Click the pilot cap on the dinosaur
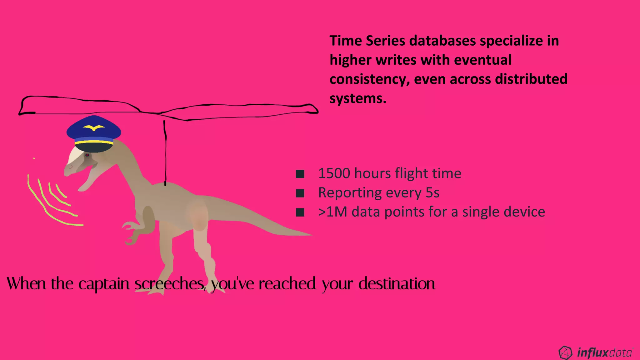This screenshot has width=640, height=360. (94, 133)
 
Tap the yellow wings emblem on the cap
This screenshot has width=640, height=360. (94, 128)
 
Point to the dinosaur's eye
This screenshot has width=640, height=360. (87, 155)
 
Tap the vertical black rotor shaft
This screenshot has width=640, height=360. (165, 153)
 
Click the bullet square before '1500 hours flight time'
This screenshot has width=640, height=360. (300, 174)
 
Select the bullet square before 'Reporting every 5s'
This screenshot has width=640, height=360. (300, 193)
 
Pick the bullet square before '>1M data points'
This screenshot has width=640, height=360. (300, 212)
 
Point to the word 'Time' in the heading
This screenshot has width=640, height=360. (345, 41)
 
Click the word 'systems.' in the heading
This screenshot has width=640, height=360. (358, 99)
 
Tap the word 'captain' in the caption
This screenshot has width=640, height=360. (104, 284)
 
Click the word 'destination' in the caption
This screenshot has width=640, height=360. (397, 284)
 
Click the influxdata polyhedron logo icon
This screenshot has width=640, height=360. (565, 352)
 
